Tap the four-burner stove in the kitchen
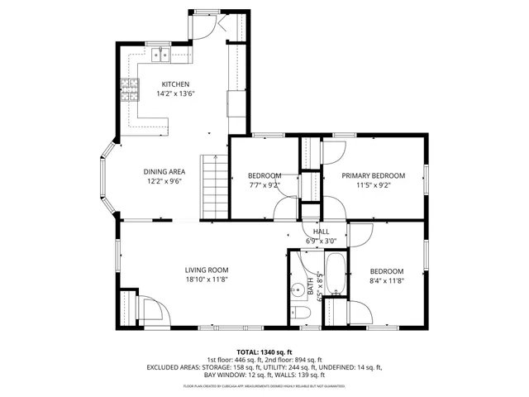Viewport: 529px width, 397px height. tap(129, 88)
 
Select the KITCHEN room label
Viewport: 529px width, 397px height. tap(175, 84)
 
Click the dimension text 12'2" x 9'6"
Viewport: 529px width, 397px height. tap(164, 180)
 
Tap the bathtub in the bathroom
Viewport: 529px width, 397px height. tap(336, 273)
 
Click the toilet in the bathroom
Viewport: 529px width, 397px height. tap(299, 311)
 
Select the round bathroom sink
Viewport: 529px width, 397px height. tap(296, 290)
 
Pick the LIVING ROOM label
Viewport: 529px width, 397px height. tap(206, 270)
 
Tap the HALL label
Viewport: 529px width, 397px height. tap(321, 232)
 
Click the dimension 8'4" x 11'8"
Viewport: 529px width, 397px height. tap(386, 280)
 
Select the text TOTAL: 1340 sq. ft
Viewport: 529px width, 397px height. tap(264, 351)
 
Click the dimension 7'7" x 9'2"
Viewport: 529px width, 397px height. tap(264, 185)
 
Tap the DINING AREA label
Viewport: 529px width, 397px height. tap(164, 171)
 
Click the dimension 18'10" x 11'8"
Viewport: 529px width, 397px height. tap(206, 280)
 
